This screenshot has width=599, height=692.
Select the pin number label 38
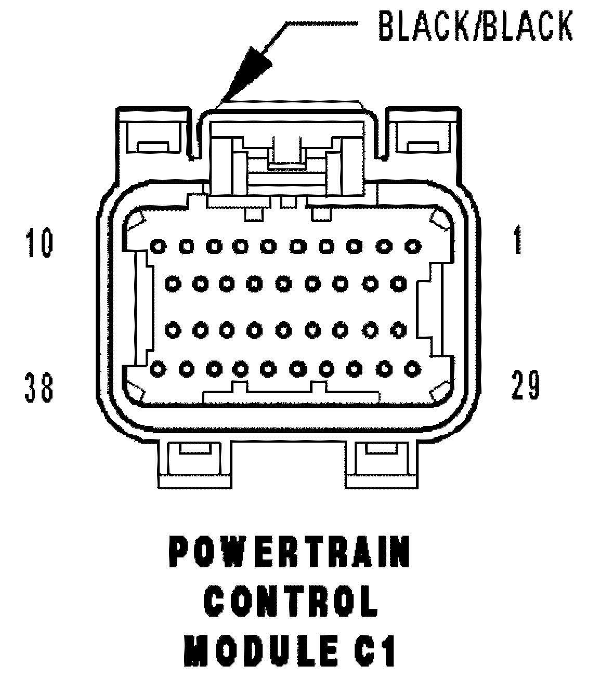tap(39, 388)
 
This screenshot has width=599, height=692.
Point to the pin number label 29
tap(525, 385)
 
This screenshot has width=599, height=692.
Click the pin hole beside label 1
tap(412, 246)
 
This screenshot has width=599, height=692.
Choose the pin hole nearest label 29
tap(412, 369)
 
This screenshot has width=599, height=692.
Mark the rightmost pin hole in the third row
tap(398, 329)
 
